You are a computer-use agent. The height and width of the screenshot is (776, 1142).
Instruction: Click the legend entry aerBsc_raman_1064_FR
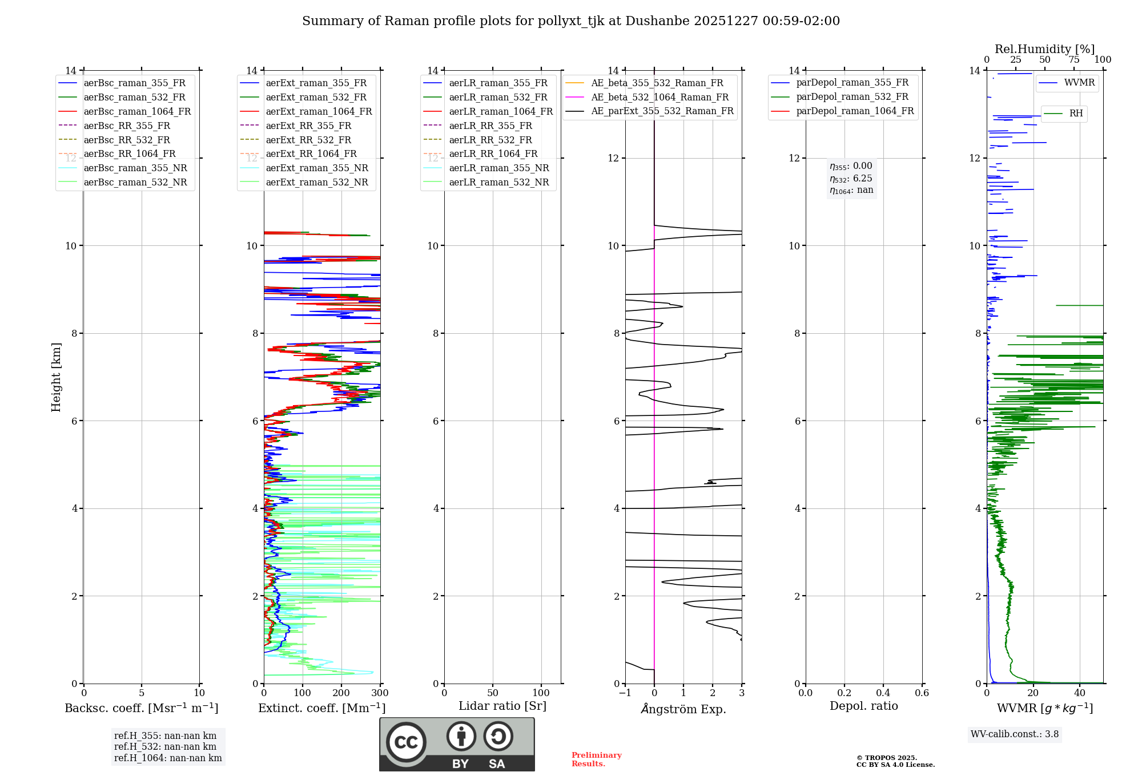137,111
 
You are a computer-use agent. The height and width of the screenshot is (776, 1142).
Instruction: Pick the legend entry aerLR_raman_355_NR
498,168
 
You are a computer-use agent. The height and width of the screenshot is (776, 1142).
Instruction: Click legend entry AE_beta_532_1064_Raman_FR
660,97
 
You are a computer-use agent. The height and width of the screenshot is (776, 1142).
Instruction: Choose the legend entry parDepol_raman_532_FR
852,97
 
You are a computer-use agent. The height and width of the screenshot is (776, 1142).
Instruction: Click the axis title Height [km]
56,377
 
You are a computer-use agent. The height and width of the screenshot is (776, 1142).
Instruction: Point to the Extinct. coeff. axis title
321,708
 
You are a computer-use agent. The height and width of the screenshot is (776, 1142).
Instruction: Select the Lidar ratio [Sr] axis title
502,706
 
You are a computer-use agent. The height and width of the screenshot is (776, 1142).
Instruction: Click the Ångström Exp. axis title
683,709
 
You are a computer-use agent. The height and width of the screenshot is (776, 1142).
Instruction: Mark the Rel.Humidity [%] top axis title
1044,49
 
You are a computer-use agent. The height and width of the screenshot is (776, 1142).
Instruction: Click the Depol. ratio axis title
863,706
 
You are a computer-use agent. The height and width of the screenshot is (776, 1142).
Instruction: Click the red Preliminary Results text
596,759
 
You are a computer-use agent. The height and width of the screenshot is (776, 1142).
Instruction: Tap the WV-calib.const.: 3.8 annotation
1014,734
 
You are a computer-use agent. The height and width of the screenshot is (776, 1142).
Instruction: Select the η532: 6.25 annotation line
851,178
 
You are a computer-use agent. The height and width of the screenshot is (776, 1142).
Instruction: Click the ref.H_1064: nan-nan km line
168,758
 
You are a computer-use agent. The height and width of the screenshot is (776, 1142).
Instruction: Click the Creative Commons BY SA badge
457,744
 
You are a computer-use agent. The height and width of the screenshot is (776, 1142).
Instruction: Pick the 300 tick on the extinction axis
380,693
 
